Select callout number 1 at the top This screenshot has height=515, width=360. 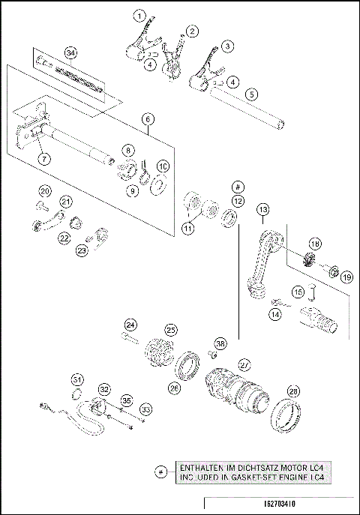139,15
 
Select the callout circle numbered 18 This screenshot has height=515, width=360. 315,244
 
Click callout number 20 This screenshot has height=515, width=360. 44,191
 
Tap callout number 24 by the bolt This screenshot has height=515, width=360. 131,325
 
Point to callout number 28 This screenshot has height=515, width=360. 293,391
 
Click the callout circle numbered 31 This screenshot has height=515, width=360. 77,378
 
